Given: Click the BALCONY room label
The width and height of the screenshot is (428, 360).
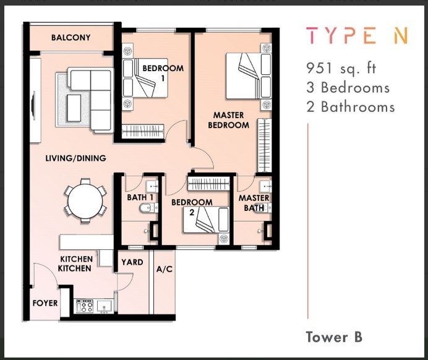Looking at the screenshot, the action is [71, 37].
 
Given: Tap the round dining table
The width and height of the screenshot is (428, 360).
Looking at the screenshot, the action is [85, 201].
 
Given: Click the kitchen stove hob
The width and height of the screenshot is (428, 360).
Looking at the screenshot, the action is [85, 306].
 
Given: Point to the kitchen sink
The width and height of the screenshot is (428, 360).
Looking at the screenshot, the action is [105, 306].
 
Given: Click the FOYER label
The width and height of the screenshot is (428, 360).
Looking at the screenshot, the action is [45, 303].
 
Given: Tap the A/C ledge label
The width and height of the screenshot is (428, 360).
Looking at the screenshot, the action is [165, 270].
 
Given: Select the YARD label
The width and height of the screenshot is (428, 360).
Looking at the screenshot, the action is [132, 262].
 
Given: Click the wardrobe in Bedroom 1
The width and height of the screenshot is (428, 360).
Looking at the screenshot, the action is [143, 131].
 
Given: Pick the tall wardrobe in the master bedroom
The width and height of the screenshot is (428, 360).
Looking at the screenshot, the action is [264, 145].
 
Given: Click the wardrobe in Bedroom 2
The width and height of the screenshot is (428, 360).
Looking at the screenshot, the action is [208, 184].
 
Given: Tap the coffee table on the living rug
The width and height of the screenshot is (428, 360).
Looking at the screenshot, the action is [74, 108].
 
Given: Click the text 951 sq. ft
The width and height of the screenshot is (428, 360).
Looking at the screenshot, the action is [341, 68].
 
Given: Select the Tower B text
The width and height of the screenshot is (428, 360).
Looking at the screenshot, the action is [334, 337].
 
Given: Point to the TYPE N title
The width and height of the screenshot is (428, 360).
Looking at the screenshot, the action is [357, 35].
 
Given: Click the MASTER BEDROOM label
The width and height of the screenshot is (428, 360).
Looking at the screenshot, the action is [228, 120].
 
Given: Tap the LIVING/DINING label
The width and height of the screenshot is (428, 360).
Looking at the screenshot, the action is [75, 158].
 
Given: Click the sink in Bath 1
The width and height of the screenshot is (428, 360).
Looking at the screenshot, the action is [152, 187].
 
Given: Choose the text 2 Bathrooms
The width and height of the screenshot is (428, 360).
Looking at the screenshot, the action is [351, 107].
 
